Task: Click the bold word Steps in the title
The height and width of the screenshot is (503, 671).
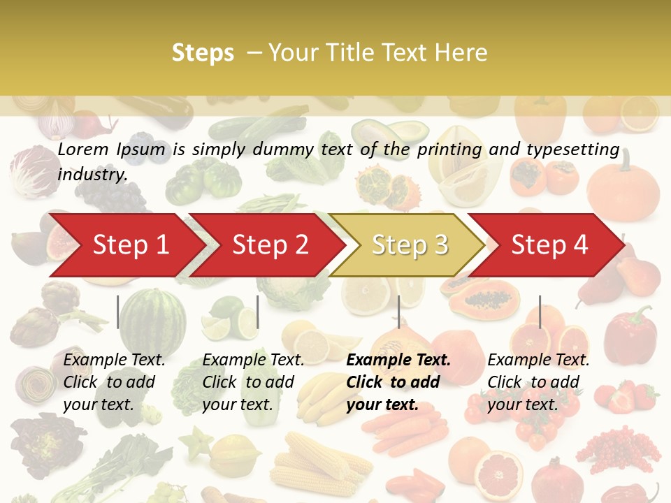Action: tap(203, 53)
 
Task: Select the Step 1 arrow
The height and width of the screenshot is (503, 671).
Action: tap(126, 245)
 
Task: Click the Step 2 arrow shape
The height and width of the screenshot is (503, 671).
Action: tap(269, 245)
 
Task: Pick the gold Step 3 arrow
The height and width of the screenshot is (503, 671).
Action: tap(409, 245)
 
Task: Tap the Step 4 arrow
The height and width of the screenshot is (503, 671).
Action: tap(549, 245)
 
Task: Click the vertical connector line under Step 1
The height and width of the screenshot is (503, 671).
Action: tap(118, 312)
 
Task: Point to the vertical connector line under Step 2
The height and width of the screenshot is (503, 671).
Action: tap(258, 312)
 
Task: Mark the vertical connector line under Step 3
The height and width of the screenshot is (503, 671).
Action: tap(398, 312)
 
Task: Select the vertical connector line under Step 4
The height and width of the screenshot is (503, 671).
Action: tap(540, 312)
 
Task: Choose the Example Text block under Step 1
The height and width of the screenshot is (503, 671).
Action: tap(113, 382)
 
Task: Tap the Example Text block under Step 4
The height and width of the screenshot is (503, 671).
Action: tap(537, 382)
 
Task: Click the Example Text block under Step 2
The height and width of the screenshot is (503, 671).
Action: tap(252, 382)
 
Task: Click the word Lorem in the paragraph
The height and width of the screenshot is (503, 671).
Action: tap(83, 149)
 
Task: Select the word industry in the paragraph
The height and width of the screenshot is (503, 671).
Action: tap(92, 175)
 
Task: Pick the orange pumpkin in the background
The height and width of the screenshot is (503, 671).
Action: tap(623, 191)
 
